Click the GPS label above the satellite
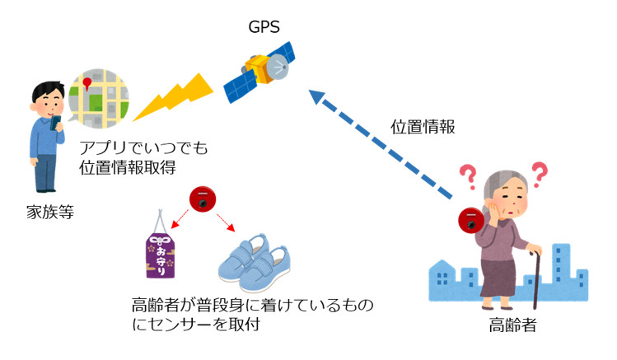(x=264, y=27)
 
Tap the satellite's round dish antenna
(x=278, y=66)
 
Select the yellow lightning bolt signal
(x=173, y=97)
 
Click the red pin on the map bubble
(x=87, y=83)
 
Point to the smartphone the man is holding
(x=55, y=123)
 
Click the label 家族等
(x=50, y=212)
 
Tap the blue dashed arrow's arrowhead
(x=316, y=97)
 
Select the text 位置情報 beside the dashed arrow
(x=423, y=127)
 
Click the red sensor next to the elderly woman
(x=471, y=220)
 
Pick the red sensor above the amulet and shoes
(x=203, y=199)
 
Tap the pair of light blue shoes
(x=255, y=263)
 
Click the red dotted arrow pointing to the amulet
(x=180, y=219)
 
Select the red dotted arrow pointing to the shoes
(x=226, y=222)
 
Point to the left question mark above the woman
(x=469, y=177)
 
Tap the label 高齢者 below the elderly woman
(x=512, y=325)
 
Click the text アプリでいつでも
(x=143, y=148)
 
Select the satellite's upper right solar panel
(x=282, y=51)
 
